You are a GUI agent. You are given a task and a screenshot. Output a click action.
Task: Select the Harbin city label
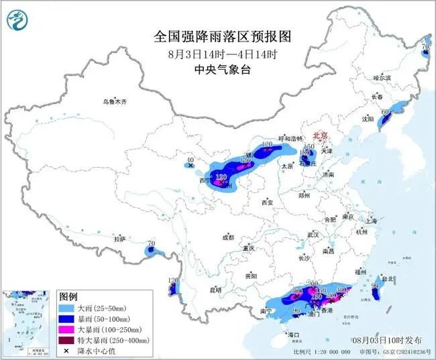pos(382,78)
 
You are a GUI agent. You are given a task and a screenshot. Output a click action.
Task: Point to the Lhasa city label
pos(119,239)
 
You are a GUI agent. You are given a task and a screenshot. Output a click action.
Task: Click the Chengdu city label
pos(229,237)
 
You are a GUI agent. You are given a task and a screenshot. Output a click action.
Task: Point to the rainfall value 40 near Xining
pos(190,159)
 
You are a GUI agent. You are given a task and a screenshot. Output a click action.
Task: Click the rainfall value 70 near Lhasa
pos(151,244)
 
